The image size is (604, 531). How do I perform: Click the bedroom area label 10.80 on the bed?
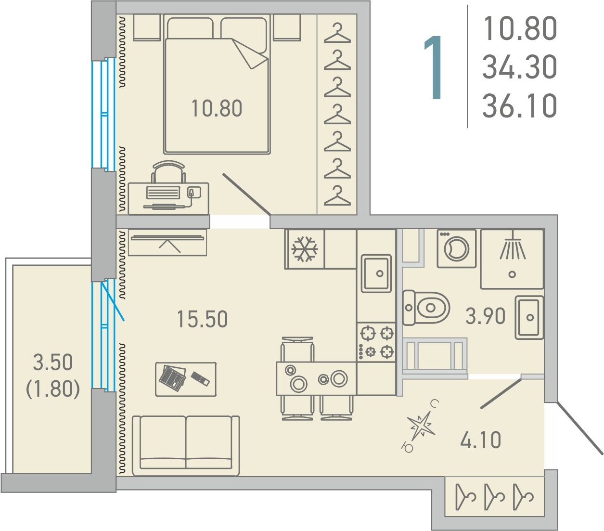217,109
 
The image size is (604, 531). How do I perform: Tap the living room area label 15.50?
202,319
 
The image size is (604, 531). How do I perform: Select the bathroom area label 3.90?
485,316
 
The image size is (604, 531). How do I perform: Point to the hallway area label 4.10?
481,440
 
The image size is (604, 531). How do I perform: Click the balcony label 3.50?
53,362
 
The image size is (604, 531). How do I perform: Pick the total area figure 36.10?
519,105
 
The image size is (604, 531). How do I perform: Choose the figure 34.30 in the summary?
519,66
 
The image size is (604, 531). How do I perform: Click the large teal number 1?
433,67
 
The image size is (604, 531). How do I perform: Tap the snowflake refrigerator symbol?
304,249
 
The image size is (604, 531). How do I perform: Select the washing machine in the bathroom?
456,248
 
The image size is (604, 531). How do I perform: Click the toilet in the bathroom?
426,308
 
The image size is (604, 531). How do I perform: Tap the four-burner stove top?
376,342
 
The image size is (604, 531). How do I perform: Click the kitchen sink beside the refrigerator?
376,273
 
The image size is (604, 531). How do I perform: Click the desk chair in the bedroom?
168,172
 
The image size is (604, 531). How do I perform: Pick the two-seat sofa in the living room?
185,446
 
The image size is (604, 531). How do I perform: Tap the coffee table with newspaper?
185,379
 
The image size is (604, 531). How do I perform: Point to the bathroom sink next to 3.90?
529,317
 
